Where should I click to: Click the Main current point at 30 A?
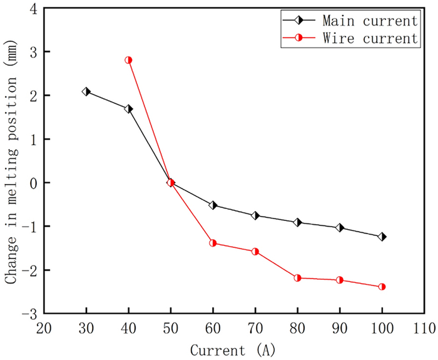86,91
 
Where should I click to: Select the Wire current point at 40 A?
128,60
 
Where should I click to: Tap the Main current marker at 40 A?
128,109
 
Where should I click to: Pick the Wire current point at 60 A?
213,243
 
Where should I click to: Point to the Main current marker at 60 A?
213,205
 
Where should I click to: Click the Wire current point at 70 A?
255,252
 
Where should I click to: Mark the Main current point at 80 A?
297,222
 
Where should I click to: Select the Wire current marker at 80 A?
297,277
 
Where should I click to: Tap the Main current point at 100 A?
382,237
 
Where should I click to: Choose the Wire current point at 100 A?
382,287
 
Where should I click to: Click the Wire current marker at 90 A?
340,280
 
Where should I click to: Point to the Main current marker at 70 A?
255,215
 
